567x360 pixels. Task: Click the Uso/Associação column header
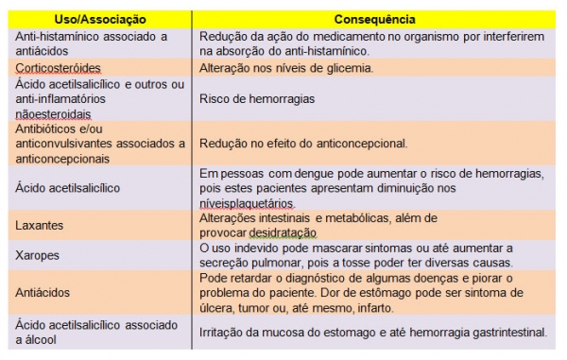(x=100, y=18)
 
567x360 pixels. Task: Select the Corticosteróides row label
(x=58, y=69)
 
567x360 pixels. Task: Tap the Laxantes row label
(x=39, y=226)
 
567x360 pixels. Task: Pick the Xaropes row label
(x=36, y=254)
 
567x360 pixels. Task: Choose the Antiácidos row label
(x=43, y=293)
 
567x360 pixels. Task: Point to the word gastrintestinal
(x=504, y=332)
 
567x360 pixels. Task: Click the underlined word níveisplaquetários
(x=247, y=202)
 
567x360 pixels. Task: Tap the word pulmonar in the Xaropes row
(x=273, y=262)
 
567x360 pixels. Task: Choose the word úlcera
(x=218, y=307)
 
